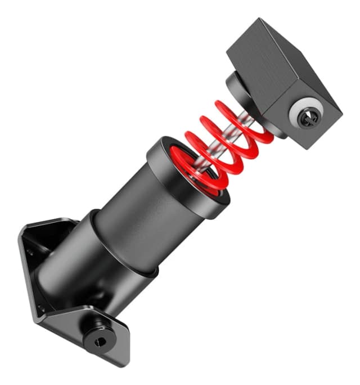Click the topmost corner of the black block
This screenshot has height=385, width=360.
coord(260,19)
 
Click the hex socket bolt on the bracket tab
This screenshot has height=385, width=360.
coord(99,339)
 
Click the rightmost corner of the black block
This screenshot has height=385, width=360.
coord(341,111)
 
